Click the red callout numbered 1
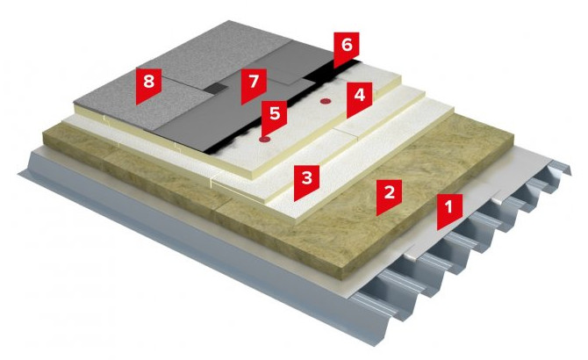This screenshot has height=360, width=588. tap(449, 210)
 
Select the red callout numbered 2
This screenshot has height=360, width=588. tap(390, 196)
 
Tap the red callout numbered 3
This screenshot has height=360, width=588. tap(307, 181)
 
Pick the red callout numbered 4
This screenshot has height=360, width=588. tap(359, 98)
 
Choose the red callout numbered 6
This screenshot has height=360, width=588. tap(347, 48)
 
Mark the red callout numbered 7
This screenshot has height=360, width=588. tap(254, 85)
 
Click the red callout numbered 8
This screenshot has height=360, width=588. tap(148, 84)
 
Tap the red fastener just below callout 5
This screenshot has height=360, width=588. tap(265, 140)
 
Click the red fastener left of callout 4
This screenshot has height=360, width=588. tap(325, 101)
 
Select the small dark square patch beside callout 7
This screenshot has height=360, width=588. tap(216, 89)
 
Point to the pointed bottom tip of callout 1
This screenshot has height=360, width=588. tap(437, 230)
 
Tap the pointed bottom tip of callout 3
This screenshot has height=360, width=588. tap(294, 201)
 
